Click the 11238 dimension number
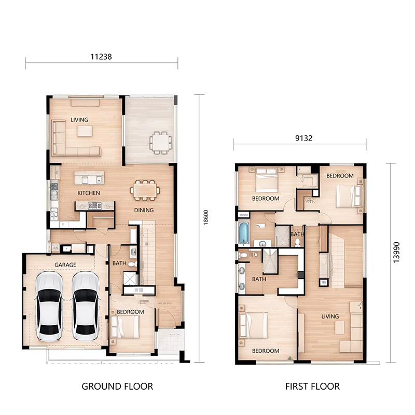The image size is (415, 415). click(101, 57)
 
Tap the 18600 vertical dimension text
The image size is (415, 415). click(206, 217)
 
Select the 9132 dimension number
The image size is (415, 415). click(303, 138)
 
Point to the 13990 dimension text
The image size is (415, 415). click(396, 252)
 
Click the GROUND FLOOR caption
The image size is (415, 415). click(117, 386)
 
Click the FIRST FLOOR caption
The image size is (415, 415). click(312, 386)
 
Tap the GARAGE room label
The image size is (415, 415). click(65, 265)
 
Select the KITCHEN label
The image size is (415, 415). click(89, 193)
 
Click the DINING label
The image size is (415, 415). click(144, 210)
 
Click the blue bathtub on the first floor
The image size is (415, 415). click(244, 232)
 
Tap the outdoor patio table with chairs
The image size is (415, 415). click(160, 143)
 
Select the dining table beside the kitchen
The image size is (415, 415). click(145, 190)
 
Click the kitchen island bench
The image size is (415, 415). click(89, 178)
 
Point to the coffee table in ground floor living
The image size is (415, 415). click(85, 131)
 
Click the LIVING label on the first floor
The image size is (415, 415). click(330, 316)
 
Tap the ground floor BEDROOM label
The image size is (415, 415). click(130, 312)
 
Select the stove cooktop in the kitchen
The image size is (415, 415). click(94, 205)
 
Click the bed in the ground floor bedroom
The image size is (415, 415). click(125, 327)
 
